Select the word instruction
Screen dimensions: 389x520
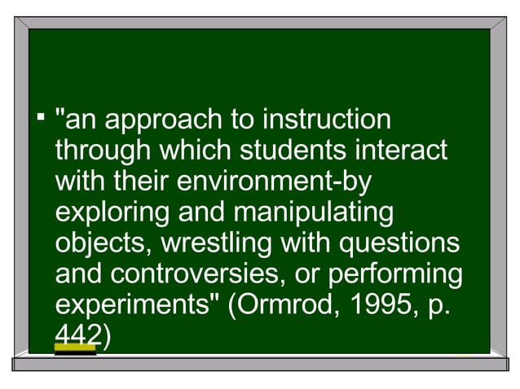tap(325, 121)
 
